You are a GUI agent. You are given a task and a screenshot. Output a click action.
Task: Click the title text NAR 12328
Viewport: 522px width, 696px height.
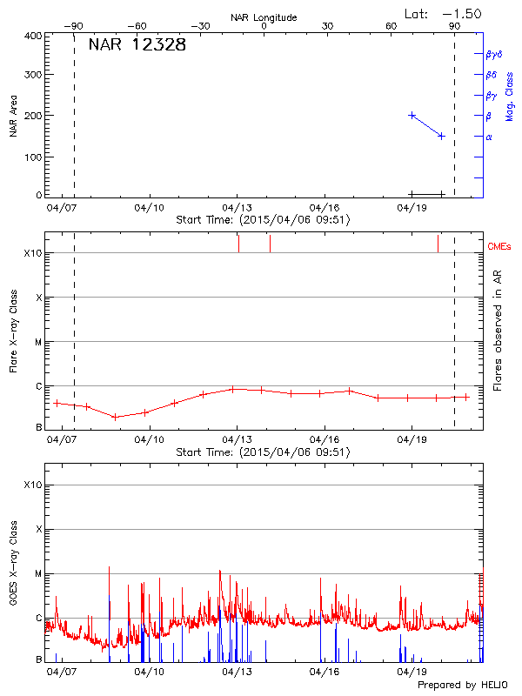[137, 45]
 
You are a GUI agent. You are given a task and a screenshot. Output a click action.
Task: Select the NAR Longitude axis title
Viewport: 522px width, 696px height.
[264, 17]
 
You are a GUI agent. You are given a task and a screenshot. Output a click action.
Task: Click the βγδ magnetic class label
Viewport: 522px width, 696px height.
[493, 54]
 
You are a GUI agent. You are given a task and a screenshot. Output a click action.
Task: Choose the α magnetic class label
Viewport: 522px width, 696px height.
[489, 137]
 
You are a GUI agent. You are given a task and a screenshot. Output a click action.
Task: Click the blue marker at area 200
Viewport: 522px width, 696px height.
[412, 115]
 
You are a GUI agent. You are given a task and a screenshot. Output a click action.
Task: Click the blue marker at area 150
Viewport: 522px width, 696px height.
[442, 136]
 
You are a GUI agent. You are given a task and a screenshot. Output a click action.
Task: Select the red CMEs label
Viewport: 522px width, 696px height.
[500, 248]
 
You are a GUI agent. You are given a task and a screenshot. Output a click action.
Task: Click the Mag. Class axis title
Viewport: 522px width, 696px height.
[510, 96]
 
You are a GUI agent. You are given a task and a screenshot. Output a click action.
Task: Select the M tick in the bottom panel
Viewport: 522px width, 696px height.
[37, 574]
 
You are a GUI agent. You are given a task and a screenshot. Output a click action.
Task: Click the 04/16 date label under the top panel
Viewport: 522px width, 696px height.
[325, 209]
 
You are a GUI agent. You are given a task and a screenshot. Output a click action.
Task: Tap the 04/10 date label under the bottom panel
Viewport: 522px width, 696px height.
[150, 673]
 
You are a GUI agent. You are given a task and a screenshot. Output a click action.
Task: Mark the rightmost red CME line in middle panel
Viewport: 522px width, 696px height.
[438, 243]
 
